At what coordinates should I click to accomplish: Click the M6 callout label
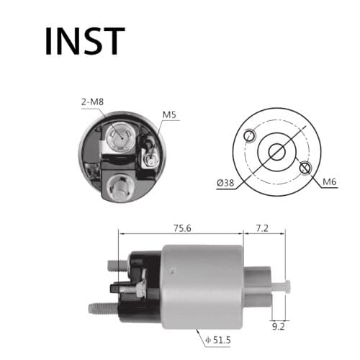(330, 181)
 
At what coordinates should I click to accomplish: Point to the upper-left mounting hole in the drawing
(250, 135)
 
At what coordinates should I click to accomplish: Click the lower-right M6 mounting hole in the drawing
(305, 168)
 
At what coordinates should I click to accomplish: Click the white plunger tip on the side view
(287, 287)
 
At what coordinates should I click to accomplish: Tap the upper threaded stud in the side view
(117, 266)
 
